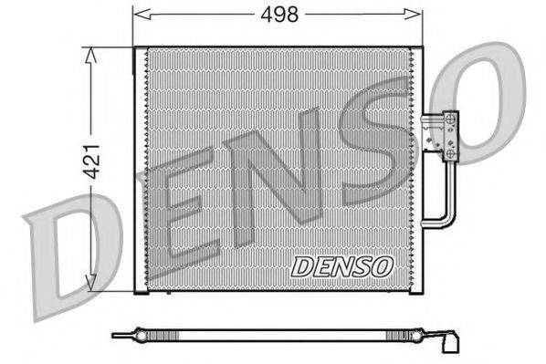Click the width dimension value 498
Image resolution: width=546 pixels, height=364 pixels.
coord(279,15)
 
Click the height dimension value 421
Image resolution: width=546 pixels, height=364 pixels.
coord(93,161)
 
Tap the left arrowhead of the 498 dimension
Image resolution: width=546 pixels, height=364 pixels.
coord(142,15)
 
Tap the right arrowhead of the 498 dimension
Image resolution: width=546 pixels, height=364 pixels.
coord(413,15)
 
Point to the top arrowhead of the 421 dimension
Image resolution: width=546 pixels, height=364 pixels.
coord(90,56)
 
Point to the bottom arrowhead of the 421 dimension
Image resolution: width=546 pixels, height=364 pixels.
coord(90,281)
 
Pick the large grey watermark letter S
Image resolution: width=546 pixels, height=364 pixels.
coord(376,140)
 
